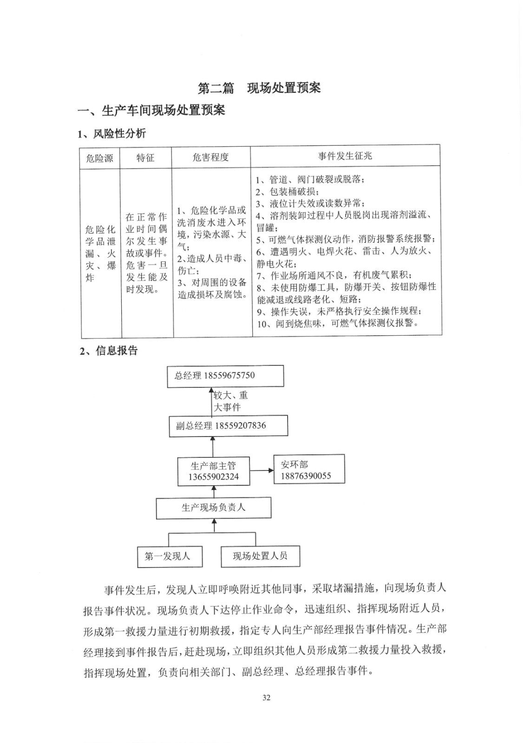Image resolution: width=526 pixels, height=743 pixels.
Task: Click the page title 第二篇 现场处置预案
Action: click(x=259, y=88)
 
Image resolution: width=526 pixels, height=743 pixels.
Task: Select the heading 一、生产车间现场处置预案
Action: click(x=151, y=111)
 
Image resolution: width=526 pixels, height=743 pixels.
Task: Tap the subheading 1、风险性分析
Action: click(x=112, y=134)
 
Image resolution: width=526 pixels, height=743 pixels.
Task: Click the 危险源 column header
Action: click(x=99, y=158)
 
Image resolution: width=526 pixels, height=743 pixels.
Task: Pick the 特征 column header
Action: click(x=145, y=158)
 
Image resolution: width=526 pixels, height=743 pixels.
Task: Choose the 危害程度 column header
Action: click(x=210, y=157)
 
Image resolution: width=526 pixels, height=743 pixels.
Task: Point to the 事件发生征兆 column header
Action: click(x=345, y=156)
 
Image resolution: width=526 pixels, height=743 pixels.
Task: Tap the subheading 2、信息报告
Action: click(x=109, y=351)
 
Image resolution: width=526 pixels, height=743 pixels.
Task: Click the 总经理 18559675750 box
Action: click(x=225, y=376)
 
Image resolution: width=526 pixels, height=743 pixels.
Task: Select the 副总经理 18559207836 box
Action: click(x=228, y=426)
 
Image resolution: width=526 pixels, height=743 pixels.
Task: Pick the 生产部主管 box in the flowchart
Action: click(x=213, y=471)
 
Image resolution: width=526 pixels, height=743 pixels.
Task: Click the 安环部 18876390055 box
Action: click(x=309, y=469)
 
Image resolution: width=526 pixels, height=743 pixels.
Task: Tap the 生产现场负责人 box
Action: click(x=213, y=508)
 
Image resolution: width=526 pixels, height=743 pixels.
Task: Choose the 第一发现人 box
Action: click(x=170, y=556)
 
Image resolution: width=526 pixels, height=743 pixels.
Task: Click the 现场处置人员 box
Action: click(x=260, y=556)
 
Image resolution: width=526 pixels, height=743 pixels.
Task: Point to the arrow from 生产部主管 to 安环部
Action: click(x=262, y=471)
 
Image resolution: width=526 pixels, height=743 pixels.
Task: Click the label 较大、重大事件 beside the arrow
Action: click(x=230, y=401)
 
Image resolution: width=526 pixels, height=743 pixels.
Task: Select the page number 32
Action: click(x=266, y=697)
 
